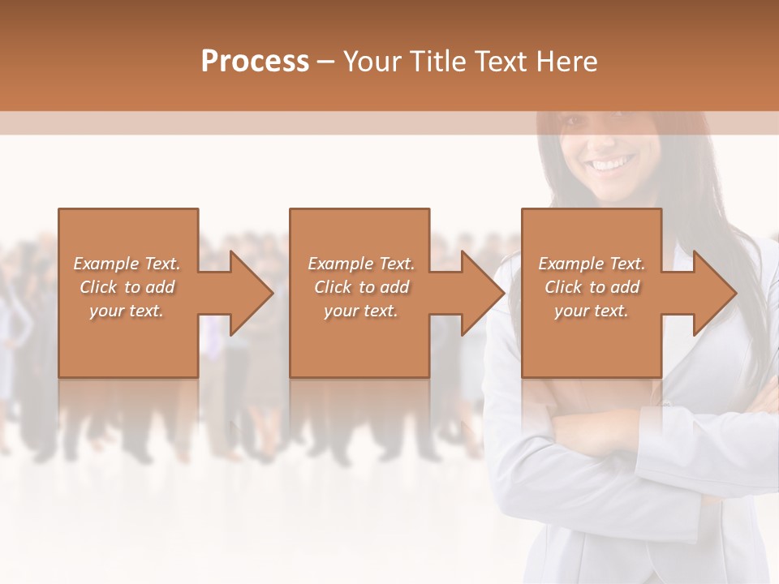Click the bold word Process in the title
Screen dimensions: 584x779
pyautogui.click(x=255, y=62)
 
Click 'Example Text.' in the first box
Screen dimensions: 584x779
pyautogui.click(x=127, y=264)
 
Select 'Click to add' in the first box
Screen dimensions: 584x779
pyautogui.click(x=127, y=287)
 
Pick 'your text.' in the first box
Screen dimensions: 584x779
pyautogui.click(x=127, y=311)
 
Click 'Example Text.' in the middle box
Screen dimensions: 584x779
pyautogui.click(x=361, y=264)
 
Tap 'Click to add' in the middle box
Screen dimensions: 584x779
pyautogui.click(x=361, y=287)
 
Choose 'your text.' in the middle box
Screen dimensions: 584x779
pyautogui.click(x=361, y=311)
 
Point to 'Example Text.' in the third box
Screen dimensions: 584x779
pyautogui.click(x=592, y=264)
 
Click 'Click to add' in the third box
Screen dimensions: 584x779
pyautogui.click(x=592, y=287)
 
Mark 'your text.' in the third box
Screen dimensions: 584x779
pyautogui.click(x=592, y=311)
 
